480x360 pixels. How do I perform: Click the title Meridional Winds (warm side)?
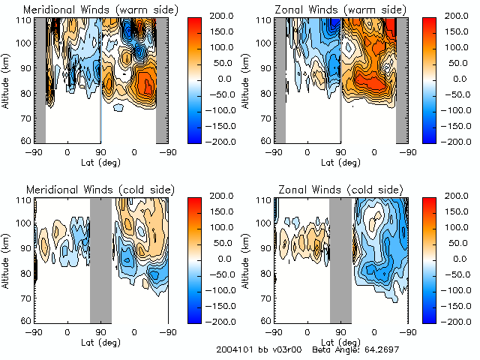100,10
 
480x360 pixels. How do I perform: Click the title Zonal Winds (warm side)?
340,10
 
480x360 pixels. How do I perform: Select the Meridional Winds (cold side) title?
100,189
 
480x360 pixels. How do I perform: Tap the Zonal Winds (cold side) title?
340,189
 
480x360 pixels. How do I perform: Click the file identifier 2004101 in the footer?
233,350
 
